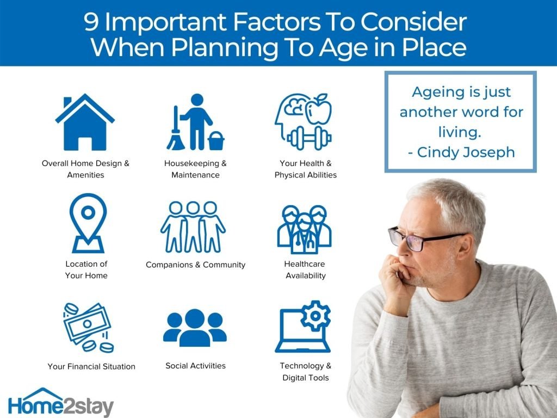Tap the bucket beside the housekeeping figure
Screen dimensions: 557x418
tap(216, 141)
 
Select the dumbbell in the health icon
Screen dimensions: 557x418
tap(309, 138)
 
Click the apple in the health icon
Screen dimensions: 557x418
tap(319, 109)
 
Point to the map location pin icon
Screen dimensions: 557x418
tap(88, 223)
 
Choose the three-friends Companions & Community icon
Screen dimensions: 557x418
tap(193, 227)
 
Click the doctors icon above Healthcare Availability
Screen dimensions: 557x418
tap(305, 229)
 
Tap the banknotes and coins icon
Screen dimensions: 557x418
tap(88, 327)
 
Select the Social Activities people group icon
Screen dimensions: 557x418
tap(195, 328)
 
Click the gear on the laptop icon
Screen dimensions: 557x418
tap(315, 316)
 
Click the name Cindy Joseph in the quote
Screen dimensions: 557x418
tap(466, 152)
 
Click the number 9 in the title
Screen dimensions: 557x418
tap(91, 22)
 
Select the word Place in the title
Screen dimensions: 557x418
tap(435, 47)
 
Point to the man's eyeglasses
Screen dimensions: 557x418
tap(423, 239)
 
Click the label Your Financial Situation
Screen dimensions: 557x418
tap(91, 366)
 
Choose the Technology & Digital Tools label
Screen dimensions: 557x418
tap(306, 372)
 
